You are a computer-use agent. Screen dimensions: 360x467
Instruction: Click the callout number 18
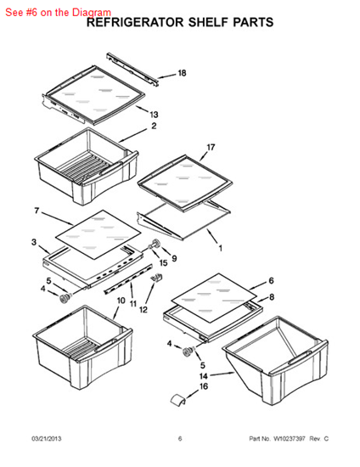coord(182,73)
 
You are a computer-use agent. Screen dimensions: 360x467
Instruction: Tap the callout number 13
coord(154,115)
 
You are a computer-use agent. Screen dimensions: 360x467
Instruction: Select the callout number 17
coord(211,147)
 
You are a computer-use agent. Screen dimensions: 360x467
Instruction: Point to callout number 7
coord(37,211)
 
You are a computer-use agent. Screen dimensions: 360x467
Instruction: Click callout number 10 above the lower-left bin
coord(121,301)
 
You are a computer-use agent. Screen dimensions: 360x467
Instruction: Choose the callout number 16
coord(204,386)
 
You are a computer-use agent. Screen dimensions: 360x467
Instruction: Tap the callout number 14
coord(204,376)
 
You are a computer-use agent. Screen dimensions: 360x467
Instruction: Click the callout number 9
coord(174,258)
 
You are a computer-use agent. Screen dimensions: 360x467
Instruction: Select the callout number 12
coord(143,310)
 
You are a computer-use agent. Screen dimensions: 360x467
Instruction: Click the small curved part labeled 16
coord(177,399)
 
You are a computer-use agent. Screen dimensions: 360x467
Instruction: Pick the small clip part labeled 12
coord(157,279)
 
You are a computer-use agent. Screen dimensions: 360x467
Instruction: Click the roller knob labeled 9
coord(155,243)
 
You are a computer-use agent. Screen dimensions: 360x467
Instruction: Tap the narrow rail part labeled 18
coord(132,70)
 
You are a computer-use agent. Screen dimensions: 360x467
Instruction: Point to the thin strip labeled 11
coord(128,279)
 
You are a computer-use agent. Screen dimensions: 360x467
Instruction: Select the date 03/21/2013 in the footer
coord(47,438)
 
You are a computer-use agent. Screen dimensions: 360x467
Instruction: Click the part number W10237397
coord(290,438)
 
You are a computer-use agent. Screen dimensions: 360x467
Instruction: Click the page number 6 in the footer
coord(180,438)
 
